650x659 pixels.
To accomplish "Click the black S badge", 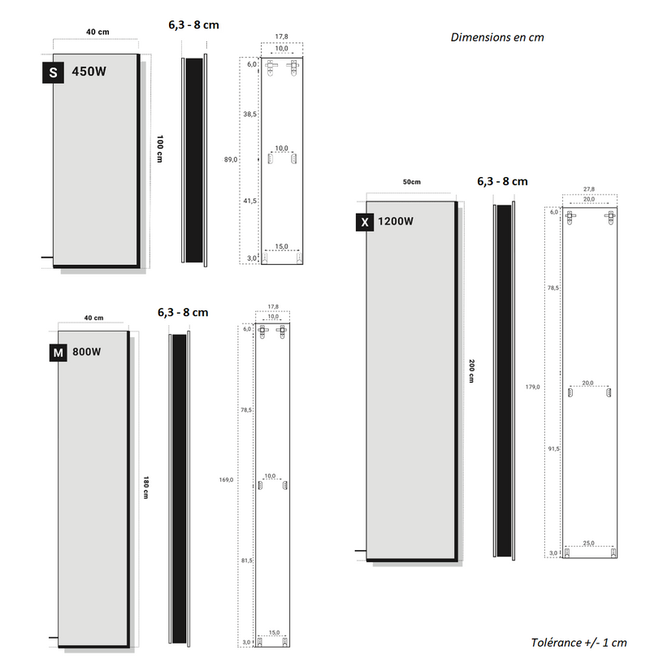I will [53, 72].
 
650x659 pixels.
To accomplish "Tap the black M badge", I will [58, 353].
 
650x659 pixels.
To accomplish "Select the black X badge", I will [365, 221].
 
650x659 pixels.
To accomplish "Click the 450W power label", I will [89, 72].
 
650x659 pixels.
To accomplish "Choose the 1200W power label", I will [396, 221].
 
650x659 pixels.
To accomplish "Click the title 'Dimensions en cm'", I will [496, 37].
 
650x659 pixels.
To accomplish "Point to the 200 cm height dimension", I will [470, 372].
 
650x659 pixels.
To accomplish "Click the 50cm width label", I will [412, 182].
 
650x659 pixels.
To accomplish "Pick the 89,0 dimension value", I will [231, 160].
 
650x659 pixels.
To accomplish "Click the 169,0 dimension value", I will [226, 479].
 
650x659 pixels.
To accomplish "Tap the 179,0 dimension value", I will [533, 387].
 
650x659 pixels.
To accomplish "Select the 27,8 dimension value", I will [590, 189].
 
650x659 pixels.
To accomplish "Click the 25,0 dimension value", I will [589, 542].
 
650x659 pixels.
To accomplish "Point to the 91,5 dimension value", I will [553, 449].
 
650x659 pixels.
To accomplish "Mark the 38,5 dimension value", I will [250, 115].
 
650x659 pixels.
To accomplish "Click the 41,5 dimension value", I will [250, 201].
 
